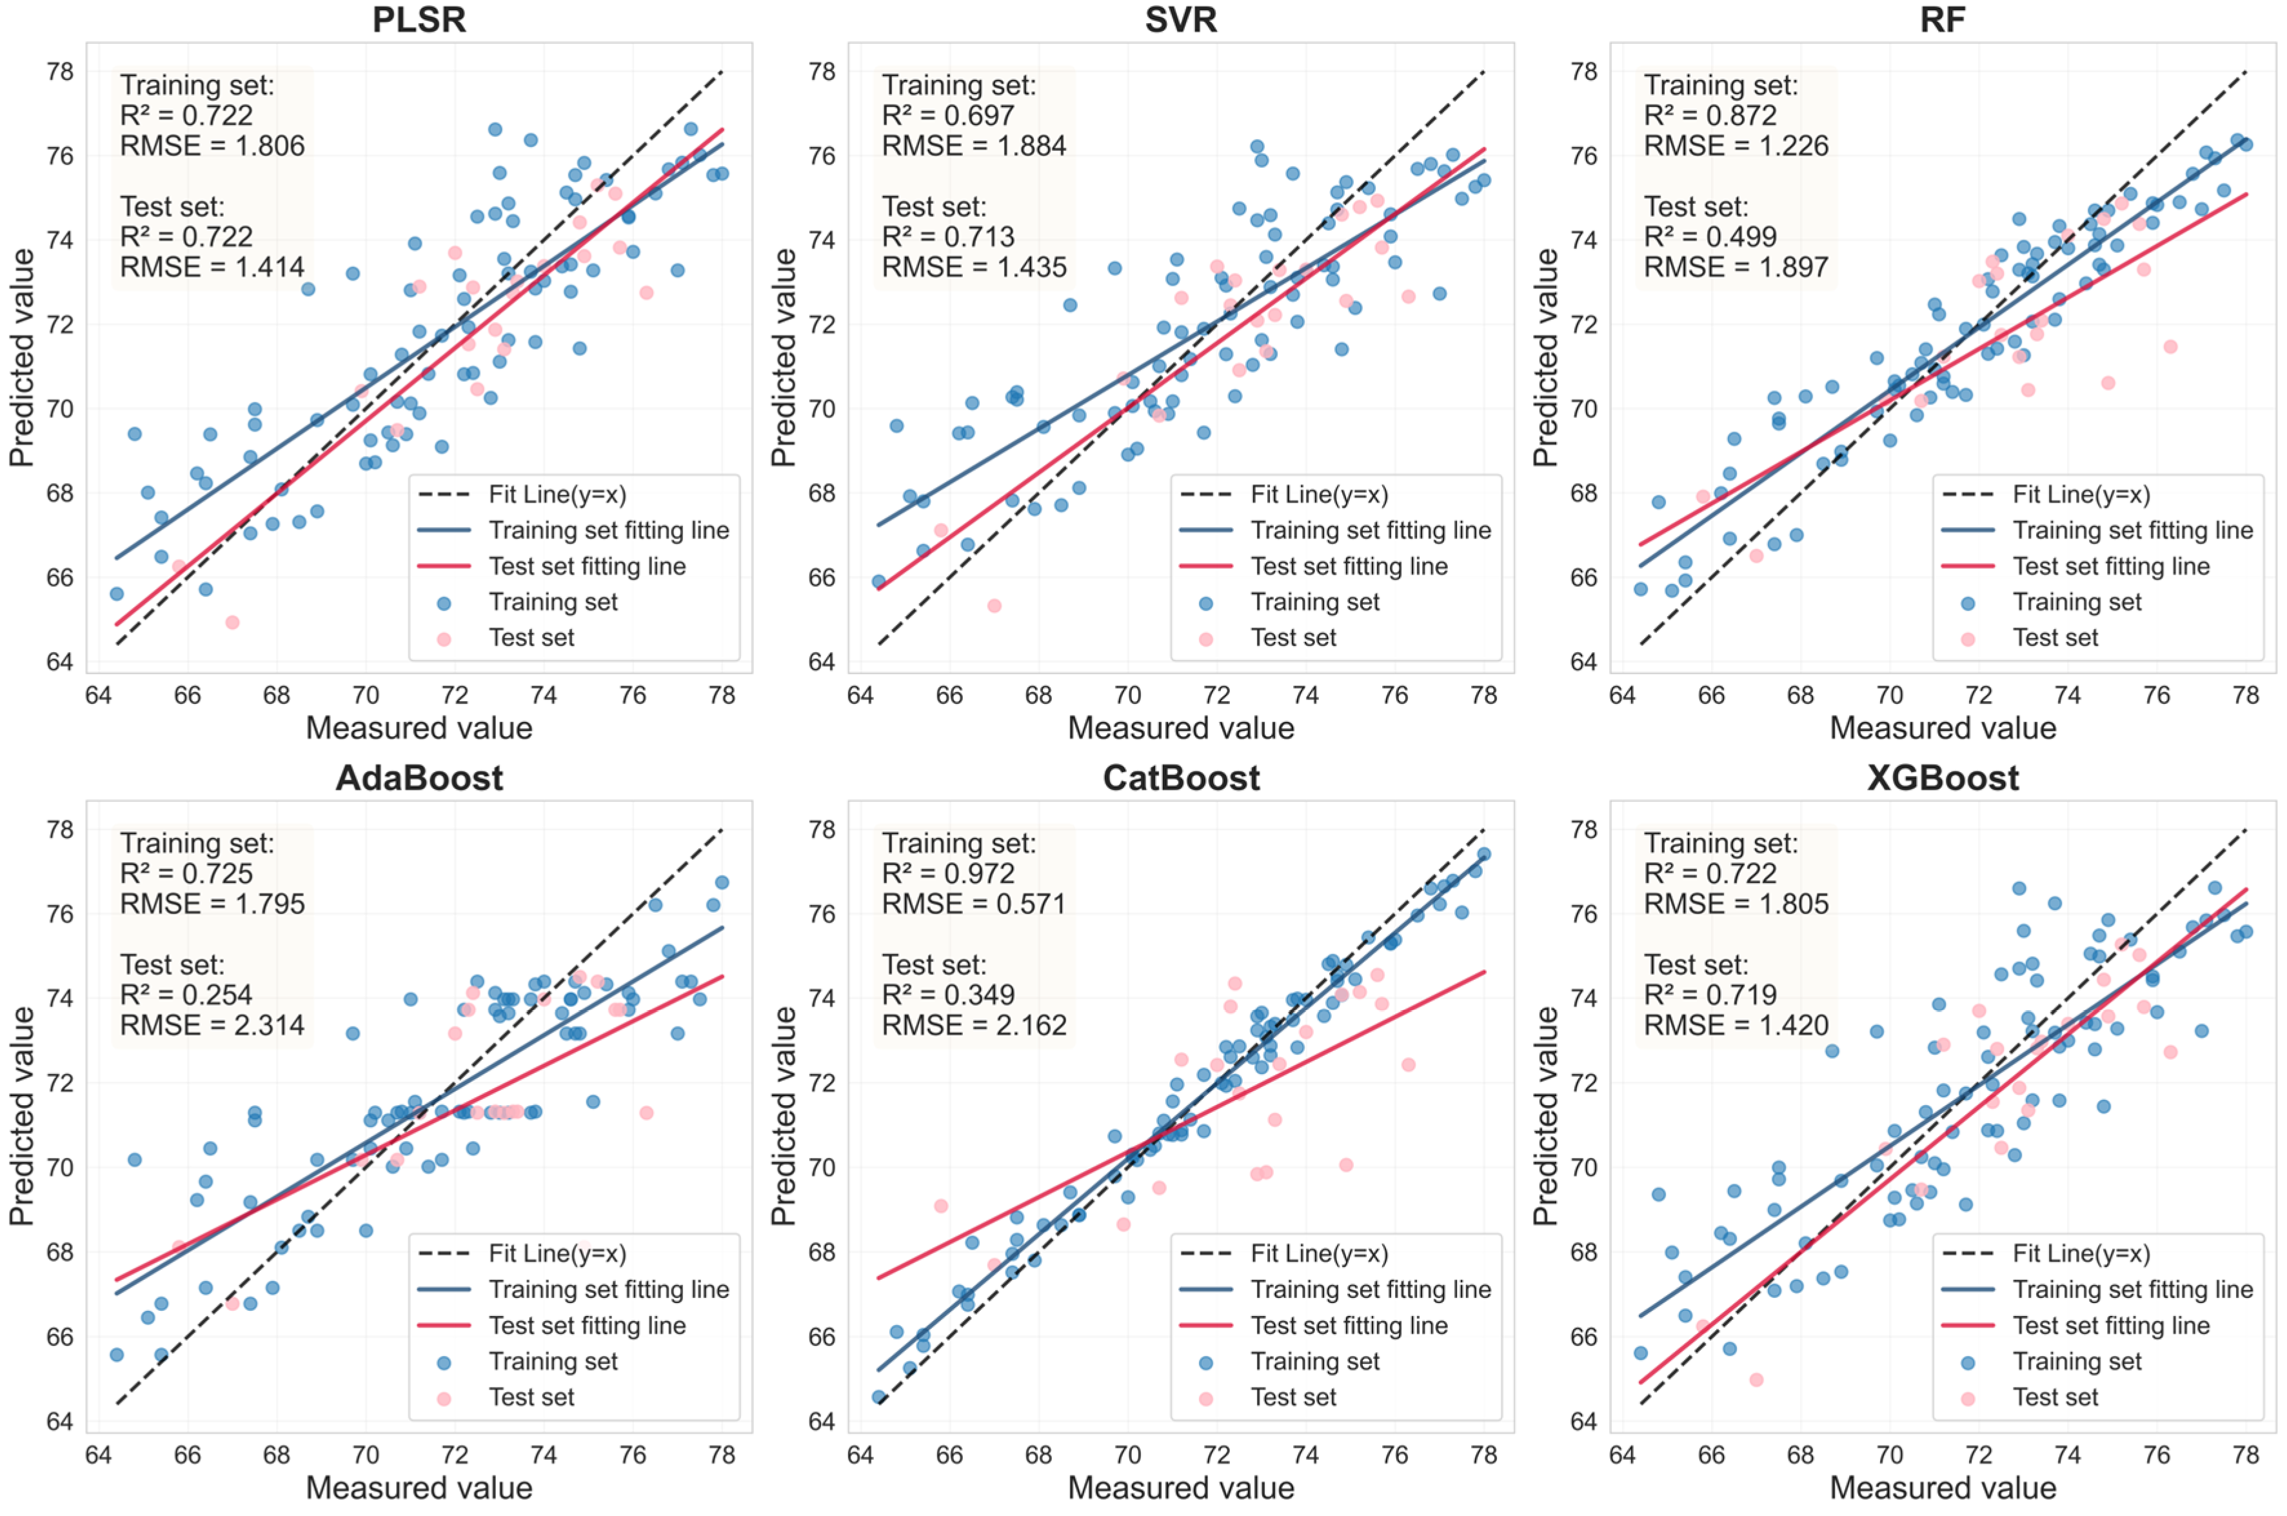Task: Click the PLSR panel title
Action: click(x=419, y=19)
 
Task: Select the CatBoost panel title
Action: click(x=1180, y=778)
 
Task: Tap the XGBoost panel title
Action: click(x=1942, y=778)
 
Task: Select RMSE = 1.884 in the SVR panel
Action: click(x=973, y=146)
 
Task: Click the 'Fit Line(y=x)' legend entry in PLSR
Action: click(x=557, y=495)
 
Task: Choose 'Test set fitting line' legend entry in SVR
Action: click(x=1349, y=566)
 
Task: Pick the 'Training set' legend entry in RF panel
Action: click(x=2076, y=603)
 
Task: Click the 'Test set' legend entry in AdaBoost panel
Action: click(x=531, y=1397)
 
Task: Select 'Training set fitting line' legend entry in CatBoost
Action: click(x=1370, y=1290)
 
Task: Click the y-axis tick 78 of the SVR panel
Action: click(x=822, y=72)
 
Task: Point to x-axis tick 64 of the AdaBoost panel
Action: click(x=99, y=1455)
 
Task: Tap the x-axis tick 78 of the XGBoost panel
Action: click(x=2244, y=1455)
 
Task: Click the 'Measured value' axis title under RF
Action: click(x=1942, y=728)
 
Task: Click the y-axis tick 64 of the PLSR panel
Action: click(x=60, y=663)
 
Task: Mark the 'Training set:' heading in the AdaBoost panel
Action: click(x=196, y=843)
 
